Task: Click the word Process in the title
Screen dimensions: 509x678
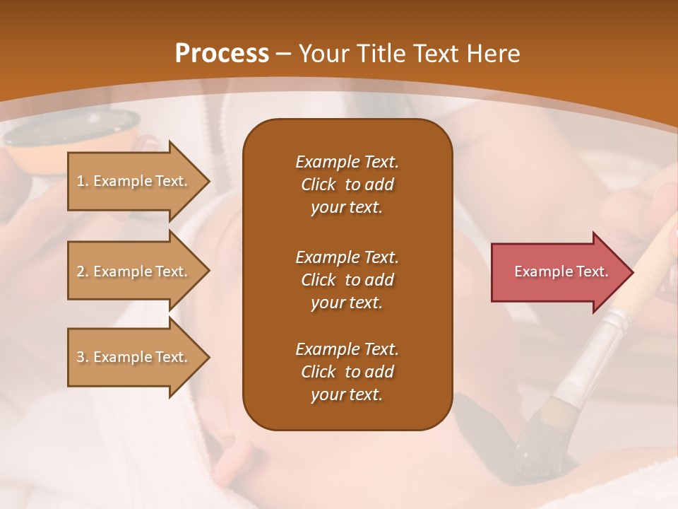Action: coord(222,54)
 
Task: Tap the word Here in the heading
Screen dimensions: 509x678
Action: coord(492,54)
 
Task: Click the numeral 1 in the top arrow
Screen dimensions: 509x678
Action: coord(81,181)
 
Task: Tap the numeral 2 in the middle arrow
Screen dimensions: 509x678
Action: coord(81,271)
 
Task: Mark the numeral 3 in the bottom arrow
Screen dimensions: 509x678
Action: coord(81,357)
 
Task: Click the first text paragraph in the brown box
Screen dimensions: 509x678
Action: coord(347,185)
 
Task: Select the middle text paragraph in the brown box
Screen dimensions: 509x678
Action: coord(347,279)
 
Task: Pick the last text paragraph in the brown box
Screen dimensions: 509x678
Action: coord(347,372)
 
